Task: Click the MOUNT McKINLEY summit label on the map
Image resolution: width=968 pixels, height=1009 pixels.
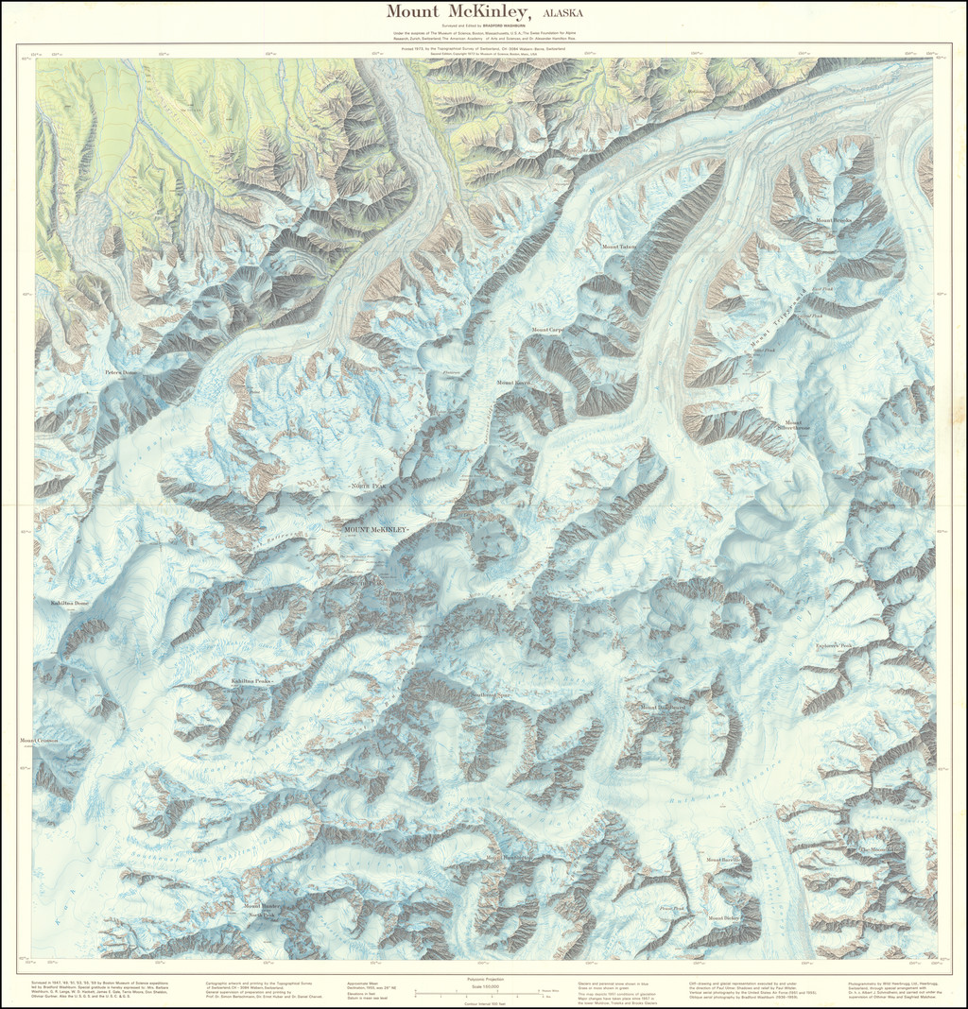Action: click(x=376, y=529)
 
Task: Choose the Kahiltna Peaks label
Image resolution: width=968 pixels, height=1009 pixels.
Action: click(x=251, y=680)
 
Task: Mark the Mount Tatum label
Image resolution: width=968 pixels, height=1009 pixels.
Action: click(x=620, y=248)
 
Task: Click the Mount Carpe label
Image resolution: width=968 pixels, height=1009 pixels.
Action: click(x=547, y=330)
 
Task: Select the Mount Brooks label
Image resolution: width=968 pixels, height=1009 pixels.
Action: click(x=835, y=220)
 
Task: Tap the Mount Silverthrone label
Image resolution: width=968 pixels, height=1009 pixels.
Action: click(x=793, y=425)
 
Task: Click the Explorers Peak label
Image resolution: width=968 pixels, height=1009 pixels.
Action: click(x=834, y=646)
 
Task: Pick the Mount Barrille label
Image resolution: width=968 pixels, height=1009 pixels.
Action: click(x=724, y=861)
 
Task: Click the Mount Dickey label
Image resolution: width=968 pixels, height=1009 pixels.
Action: click(x=723, y=917)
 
